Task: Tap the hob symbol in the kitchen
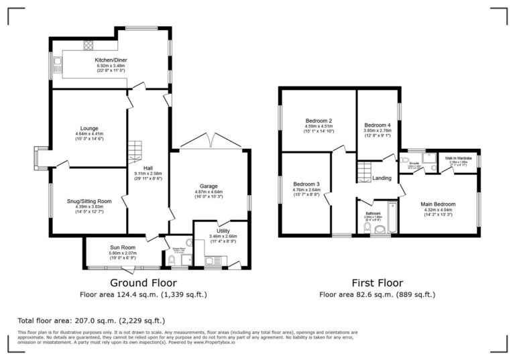coord(87,46)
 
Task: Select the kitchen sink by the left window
coord(58,66)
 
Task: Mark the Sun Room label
coord(123,247)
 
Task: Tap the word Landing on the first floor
coord(382,178)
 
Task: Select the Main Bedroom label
coord(439,204)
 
